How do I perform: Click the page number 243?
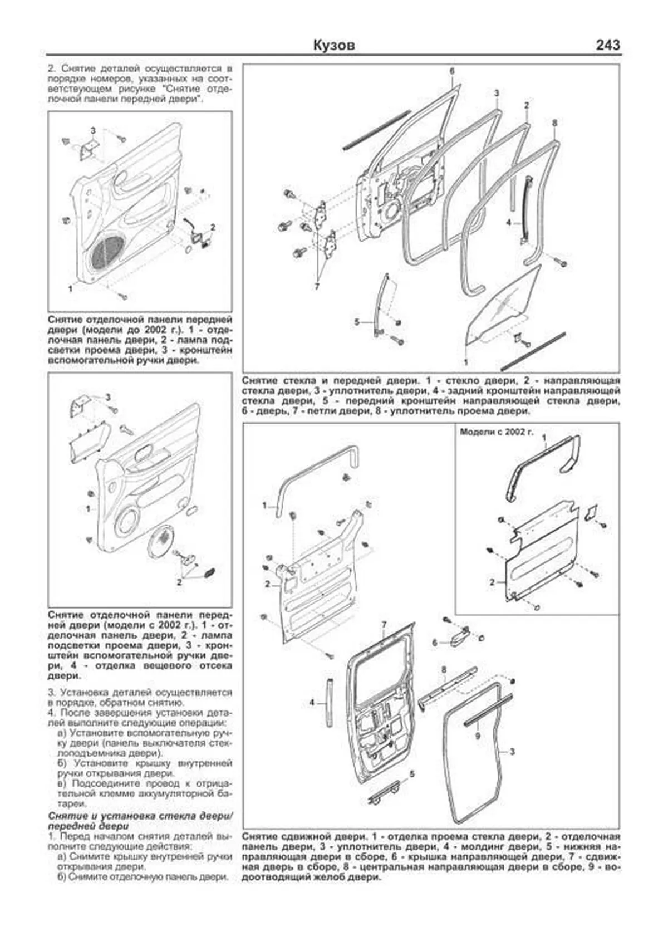click(607, 45)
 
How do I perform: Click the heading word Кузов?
click(334, 46)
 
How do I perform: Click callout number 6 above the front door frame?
click(452, 71)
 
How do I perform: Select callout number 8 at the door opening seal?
click(554, 122)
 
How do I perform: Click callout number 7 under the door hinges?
click(317, 287)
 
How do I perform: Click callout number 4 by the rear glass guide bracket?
click(508, 223)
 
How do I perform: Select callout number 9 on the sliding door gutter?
click(477, 736)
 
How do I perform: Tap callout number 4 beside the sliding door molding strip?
click(312, 703)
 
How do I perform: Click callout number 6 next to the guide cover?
click(435, 643)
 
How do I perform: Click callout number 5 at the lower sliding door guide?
click(412, 774)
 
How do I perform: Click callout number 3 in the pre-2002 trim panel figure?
click(93, 130)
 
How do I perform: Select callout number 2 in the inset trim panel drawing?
click(492, 582)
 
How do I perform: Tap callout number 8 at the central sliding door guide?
click(444, 669)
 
